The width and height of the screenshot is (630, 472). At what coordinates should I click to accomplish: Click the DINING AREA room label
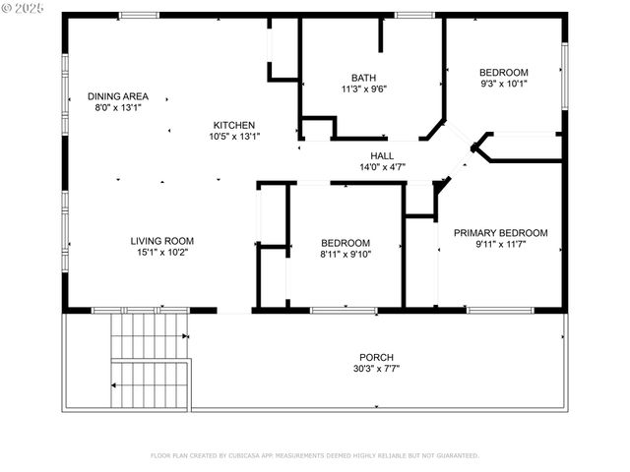[x=117, y=96]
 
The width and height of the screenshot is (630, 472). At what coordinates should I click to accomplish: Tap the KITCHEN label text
[x=235, y=125]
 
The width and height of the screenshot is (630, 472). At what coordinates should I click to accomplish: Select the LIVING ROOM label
[x=162, y=241]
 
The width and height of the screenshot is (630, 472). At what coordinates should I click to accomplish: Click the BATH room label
[x=363, y=78]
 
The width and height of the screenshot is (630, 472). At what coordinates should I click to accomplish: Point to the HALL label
[x=382, y=156]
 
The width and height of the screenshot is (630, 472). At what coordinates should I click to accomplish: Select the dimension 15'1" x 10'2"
[x=162, y=253]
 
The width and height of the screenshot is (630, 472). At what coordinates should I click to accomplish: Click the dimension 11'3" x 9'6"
[x=363, y=89]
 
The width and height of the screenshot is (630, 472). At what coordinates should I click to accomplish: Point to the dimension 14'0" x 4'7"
[x=382, y=168]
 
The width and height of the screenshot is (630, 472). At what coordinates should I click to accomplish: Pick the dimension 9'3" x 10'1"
[x=503, y=84]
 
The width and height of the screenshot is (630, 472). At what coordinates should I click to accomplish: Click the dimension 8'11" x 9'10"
[x=346, y=254]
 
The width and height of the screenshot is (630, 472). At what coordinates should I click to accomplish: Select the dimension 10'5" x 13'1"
[x=235, y=137]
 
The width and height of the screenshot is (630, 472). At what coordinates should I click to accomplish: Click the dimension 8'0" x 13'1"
[x=117, y=108]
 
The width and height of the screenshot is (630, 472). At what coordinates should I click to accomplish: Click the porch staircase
[x=148, y=359]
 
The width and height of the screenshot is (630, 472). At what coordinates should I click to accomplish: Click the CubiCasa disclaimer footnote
[x=314, y=455]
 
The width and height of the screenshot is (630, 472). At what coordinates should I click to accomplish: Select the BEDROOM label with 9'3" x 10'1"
[x=503, y=72]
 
